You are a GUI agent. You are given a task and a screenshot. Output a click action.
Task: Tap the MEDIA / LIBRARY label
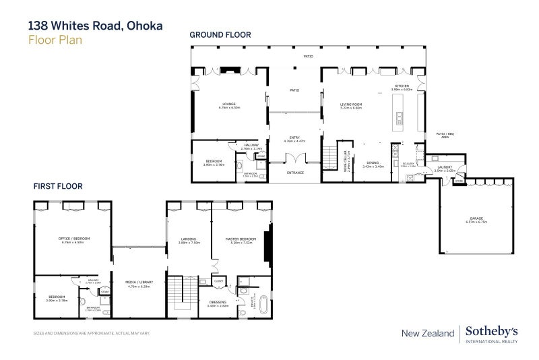click(140, 283)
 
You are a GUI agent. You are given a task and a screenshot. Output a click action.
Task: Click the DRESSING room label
click(218, 303)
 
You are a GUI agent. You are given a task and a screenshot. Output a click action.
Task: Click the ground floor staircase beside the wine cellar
click(329, 159)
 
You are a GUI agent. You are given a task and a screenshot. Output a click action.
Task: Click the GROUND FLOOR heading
click(220, 34)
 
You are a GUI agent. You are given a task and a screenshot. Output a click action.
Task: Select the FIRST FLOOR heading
click(58, 186)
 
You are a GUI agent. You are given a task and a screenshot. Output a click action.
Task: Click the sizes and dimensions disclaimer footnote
click(91, 334)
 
